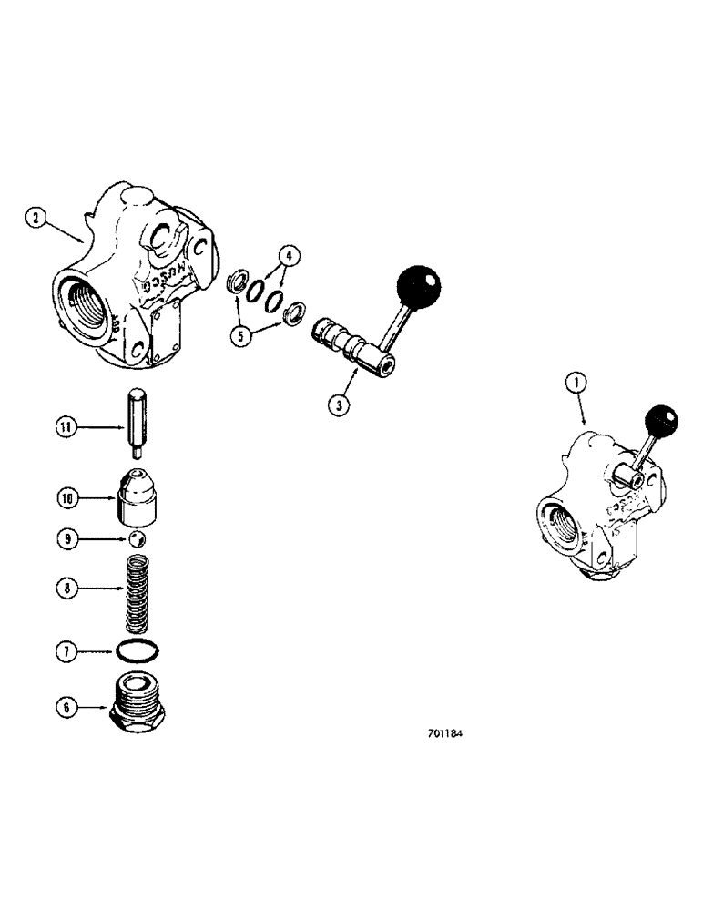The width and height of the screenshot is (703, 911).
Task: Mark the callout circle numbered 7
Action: click(x=66, y=651)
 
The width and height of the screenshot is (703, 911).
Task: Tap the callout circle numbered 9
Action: click(x=66, y=540)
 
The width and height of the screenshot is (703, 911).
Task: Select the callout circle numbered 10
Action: click(x=66, y=497)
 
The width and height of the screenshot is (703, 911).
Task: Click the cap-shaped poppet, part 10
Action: click(x=138, y=496)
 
